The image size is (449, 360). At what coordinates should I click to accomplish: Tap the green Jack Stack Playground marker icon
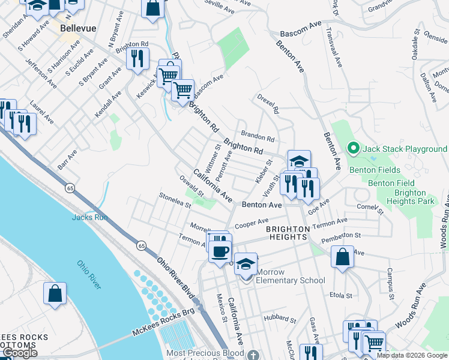[x=354, y=148]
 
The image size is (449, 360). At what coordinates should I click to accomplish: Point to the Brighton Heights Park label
[x=411, y=197]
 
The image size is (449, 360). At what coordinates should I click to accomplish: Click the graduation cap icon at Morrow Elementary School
[x=246, y=263]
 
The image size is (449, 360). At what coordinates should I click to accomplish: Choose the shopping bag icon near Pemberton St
[x=342, y=257]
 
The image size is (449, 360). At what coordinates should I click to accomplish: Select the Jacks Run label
[x=89, y=217]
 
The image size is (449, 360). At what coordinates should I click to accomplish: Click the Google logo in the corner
[x=20, y=353]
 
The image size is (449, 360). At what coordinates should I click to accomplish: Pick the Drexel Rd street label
[x=268, y=103]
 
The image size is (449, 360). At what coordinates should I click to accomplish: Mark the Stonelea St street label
[x=174, y=200]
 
